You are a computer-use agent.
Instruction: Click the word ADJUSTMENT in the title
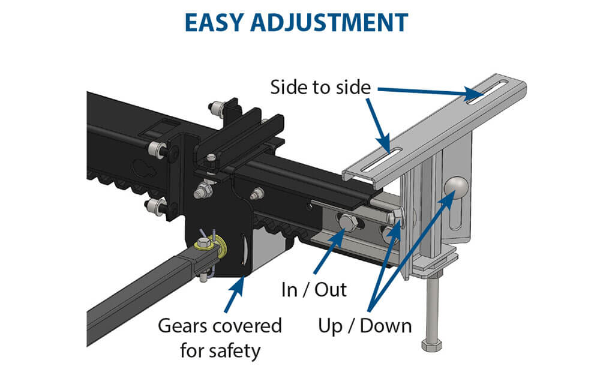click(341, 22)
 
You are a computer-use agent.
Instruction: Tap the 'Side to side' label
click(317, 87)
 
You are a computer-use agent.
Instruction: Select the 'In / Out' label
click(314, 290)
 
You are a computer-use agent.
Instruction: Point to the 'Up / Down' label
click(365, 326)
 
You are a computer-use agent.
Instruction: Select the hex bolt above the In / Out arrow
click(347, 225)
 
